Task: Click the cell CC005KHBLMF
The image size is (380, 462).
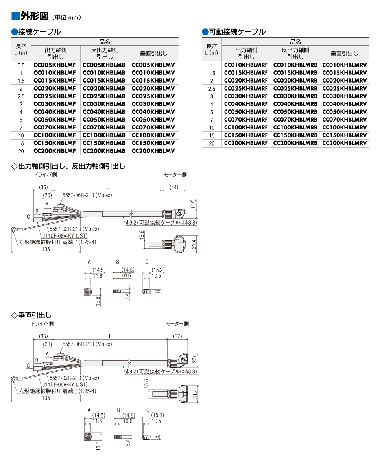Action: point(55,65)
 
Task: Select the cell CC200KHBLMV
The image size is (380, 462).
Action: point(153,151)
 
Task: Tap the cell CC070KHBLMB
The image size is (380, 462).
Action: point(104,127)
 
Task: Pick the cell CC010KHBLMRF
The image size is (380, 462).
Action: point(246,65)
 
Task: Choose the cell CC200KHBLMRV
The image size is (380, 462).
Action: point(345,143)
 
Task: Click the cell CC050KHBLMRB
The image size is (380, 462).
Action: point(295,112)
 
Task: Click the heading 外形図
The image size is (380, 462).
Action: point(35,16)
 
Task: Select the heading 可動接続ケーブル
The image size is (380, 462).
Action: point(237,32)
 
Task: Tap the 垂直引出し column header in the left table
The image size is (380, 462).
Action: point(154,54)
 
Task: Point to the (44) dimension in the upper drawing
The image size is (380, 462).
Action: point(174,187)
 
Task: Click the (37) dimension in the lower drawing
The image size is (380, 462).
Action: point(177,336)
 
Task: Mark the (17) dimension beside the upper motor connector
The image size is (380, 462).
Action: point(193,204)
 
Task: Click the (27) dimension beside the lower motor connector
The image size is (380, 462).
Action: point(195,360)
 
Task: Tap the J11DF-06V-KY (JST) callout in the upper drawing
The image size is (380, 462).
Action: point(65,236)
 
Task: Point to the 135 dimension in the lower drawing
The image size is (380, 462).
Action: point(46,398)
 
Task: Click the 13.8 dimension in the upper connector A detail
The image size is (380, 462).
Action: point(98,301)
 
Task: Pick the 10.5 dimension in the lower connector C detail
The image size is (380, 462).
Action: point(157,421)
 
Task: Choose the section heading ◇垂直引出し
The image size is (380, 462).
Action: point(31,315)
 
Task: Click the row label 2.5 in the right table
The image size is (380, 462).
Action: point(212,89)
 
